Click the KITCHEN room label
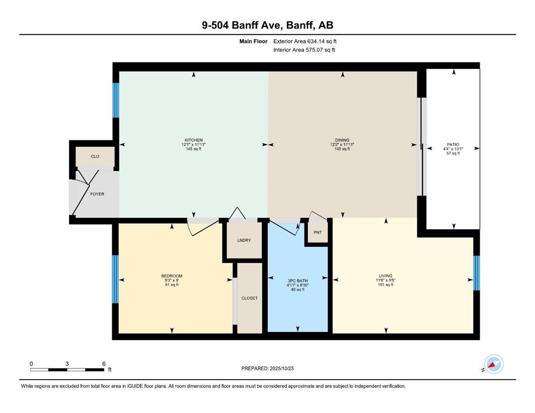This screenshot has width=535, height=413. (x=193, y=140)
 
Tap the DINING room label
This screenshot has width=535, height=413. (x=343, y=140)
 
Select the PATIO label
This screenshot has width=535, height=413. (x=453, y=145)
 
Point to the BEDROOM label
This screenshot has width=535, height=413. (x=172, y=276)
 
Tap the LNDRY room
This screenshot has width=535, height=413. (x=244, y=240)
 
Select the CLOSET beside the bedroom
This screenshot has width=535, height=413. (x=249, y=298)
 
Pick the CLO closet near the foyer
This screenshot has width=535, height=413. (x=95, y=156)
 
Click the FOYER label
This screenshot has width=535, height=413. (x=97, y=194)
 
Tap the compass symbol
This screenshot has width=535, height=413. (x=494, y=364)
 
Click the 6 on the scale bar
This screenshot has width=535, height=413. (x=103, y=364)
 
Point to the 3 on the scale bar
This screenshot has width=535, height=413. (x=67, y=364)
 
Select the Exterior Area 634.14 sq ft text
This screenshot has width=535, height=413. (x=305, y=41)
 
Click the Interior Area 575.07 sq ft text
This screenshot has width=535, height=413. (x=304, y=50)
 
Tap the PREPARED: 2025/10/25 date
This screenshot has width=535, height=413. (x=268, y=368)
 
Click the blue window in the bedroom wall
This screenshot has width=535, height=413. (x=115, y=279)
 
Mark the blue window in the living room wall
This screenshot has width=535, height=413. (x=476, y=273)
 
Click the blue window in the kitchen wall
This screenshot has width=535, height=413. (x=115, y=100)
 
